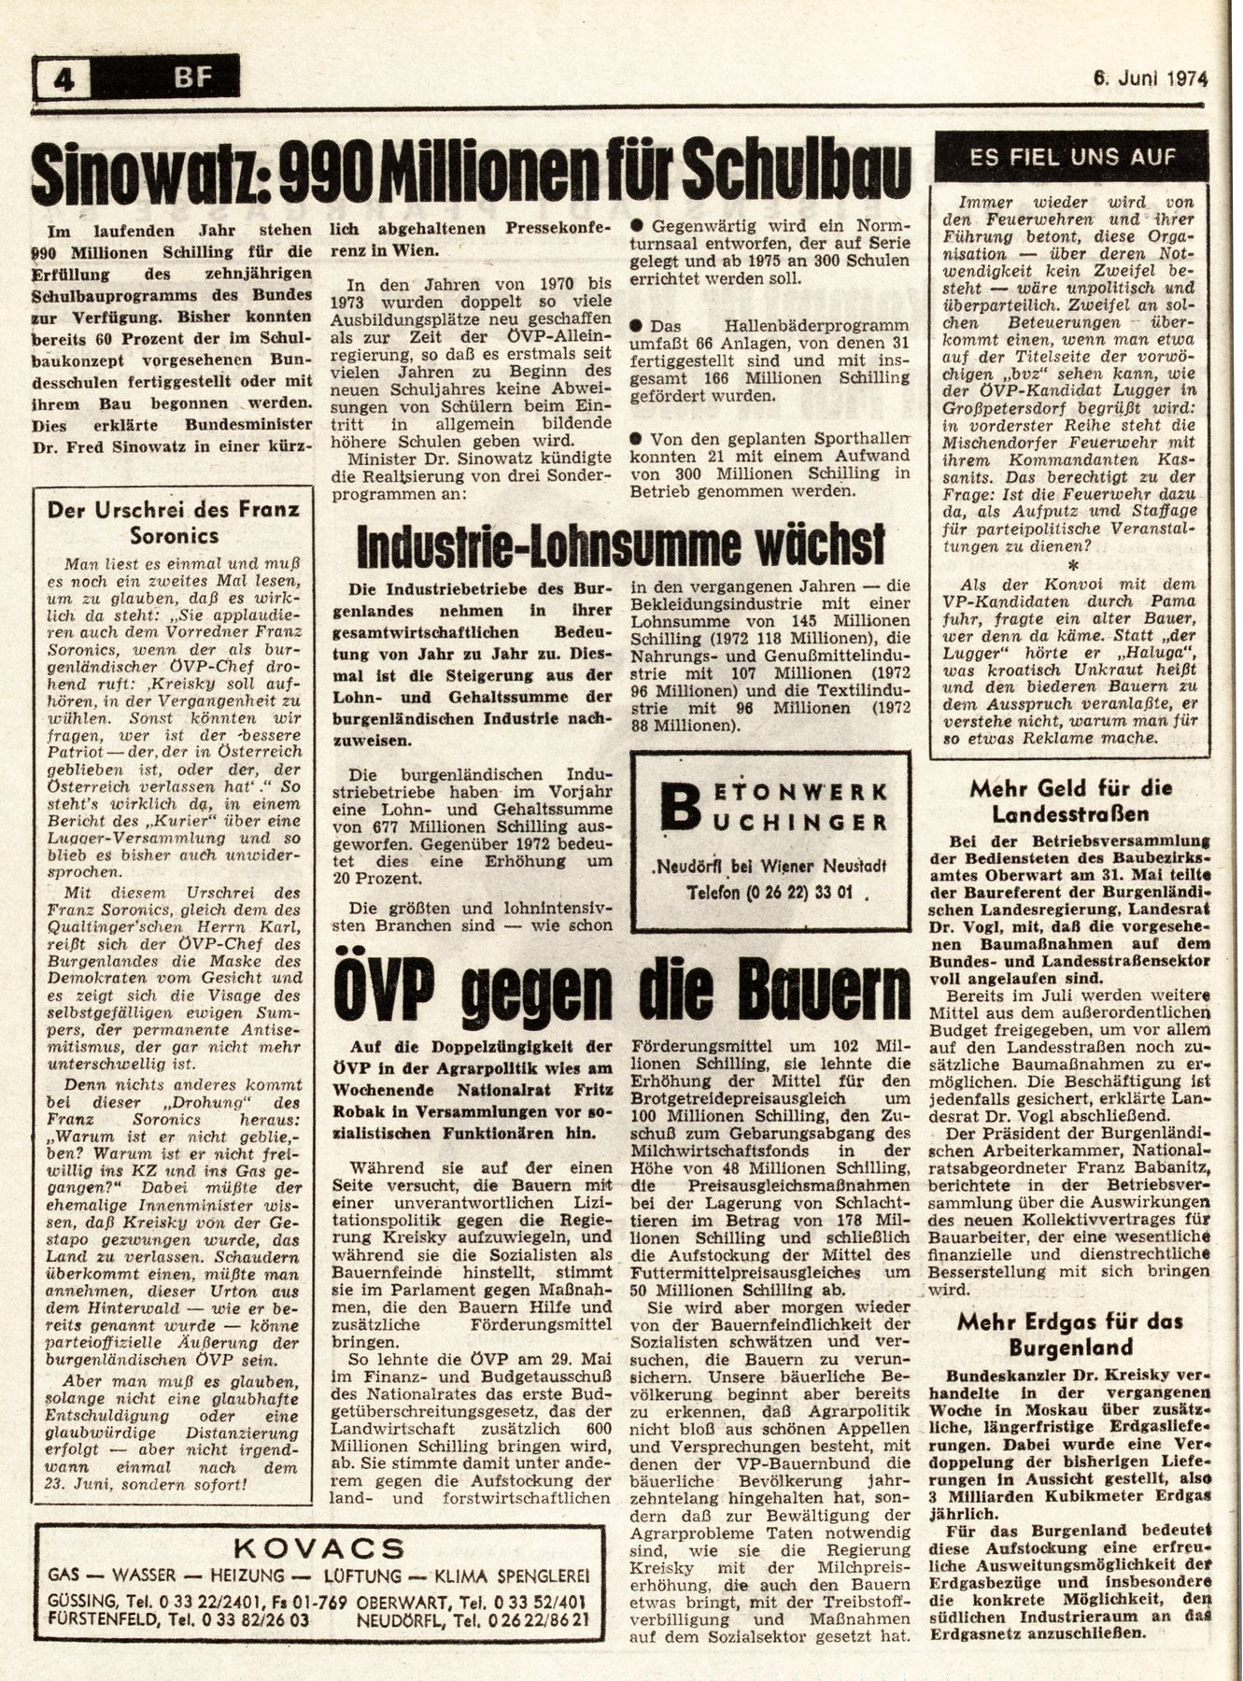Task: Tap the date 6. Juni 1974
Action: (1150, 79)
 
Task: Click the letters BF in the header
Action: (192, 78)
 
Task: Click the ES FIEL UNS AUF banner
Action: (1072, 157)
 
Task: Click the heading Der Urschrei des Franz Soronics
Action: (175, 523)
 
